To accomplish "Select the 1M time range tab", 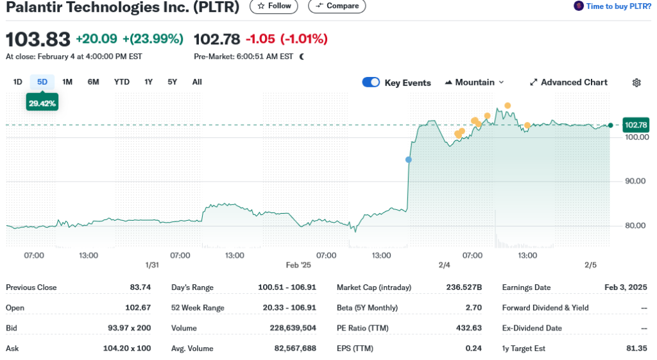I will click(67, 81).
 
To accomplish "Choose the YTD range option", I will click(122, 81).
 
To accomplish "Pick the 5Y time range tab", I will click(172, 81).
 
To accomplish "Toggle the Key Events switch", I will click(371, 82).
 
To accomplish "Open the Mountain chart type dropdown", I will click(474, 82).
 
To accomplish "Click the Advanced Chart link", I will click(568, 82).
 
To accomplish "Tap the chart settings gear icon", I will click(636, 82).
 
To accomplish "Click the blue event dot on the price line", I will click(409, 159).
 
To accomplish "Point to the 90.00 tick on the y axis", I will click(636, 181).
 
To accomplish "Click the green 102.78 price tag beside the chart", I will click(636, 125).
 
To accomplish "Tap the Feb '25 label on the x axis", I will click(298, 265).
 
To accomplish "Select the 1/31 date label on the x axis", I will click(152, 265).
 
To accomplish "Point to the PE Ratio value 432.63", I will click(468, 328).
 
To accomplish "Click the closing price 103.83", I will click(38, 39).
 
